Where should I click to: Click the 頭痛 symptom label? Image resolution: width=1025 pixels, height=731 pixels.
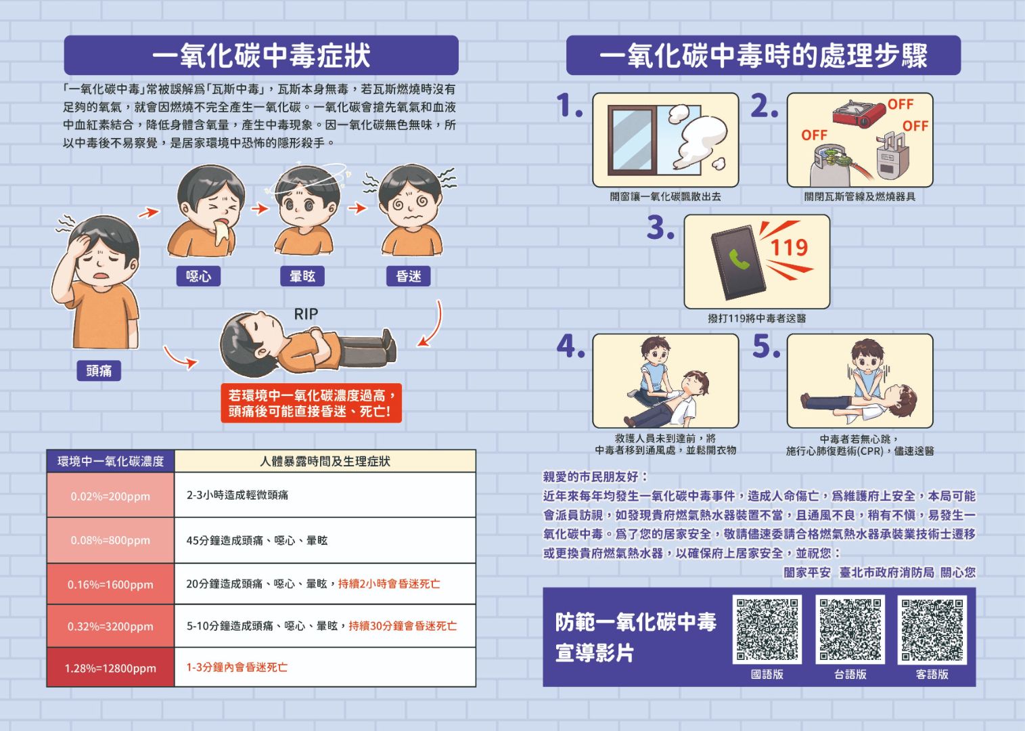pyautogui.click(x=99, y=371)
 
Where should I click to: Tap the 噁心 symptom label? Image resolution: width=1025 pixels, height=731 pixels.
pyautogui.click(x=198, y=276)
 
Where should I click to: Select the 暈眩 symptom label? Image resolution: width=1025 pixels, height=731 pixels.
pyautogui.click(x=302, y=276)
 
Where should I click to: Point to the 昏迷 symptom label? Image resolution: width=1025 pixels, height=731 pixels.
pyautogui.click(x=409, y=276)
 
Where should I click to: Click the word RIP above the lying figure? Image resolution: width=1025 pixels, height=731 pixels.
pyautogui.click(x=306, y=314)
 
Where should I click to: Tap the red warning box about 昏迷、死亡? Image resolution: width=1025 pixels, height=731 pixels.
pyautogui.click(x=311, y=403)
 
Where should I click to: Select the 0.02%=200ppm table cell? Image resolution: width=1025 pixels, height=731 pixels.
pyautogui.click(x=110, y=496)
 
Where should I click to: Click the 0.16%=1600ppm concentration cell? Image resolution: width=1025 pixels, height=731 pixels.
pyautogui.click(x=110, y=584)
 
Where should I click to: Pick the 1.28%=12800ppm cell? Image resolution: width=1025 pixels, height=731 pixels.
pyautogui.click(x=110, y=668)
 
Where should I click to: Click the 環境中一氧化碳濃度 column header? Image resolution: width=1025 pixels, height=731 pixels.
pyautogui.click(x=110, y=462)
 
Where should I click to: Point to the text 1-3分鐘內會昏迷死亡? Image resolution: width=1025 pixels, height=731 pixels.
pyautogui.click(x=237, y=667)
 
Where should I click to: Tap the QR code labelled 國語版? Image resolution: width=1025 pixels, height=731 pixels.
pyautogui.click(x=767, y=629)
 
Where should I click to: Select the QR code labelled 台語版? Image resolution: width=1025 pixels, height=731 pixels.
pyautogui.click(x=850, y=629)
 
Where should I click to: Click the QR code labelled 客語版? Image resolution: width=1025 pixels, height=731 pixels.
pyautogui.click(x=932, y=629)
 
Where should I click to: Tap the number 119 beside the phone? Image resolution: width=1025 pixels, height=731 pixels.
pyautogui.click(x=790, y=248)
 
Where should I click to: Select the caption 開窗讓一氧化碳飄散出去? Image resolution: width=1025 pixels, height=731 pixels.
pyautogui.click(x=665, y=197)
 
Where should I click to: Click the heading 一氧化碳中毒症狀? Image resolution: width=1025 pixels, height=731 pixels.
pyautogui.click(x=261, y=56)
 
